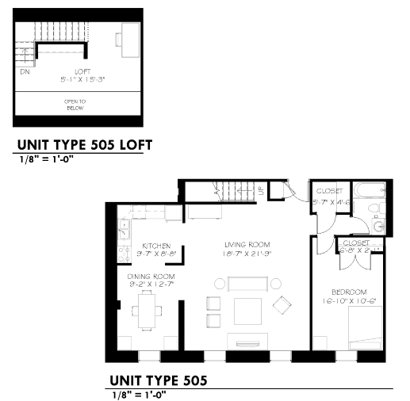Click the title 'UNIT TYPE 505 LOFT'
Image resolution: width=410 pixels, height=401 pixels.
83,145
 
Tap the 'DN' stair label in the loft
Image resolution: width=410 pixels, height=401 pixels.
25,71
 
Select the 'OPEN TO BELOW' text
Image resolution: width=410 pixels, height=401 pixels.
75,105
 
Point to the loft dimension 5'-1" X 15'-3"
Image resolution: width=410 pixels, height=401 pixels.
79,78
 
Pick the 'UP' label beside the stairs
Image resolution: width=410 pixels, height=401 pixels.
261,192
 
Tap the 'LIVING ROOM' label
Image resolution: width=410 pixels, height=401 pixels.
248,244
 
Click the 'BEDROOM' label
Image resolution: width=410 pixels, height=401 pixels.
350,292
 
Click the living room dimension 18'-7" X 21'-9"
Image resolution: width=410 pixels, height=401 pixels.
247,254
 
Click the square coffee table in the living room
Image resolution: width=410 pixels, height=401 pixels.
247,310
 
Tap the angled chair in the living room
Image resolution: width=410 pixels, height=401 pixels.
282,304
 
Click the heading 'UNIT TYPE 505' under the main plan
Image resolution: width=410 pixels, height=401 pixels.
158,380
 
